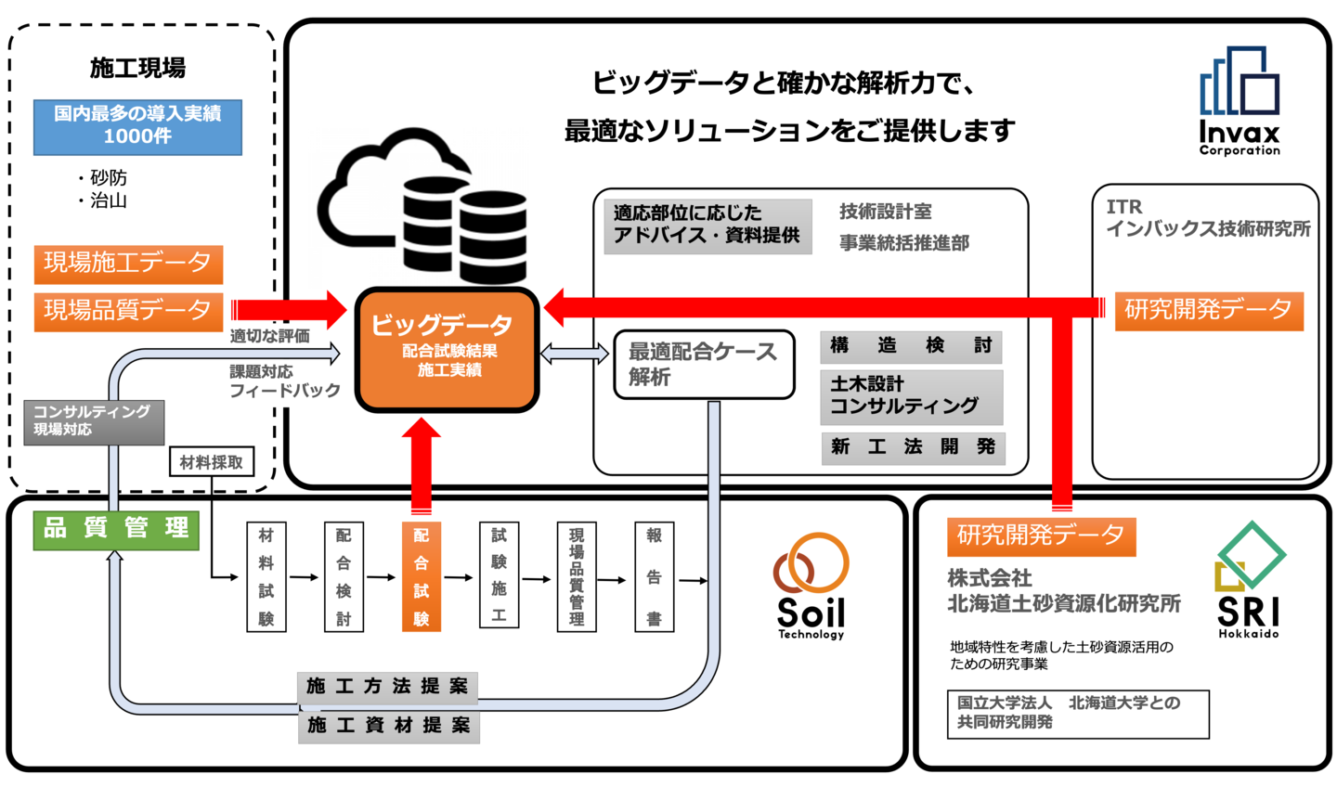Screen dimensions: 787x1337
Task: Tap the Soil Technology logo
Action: click(x=811, y=586)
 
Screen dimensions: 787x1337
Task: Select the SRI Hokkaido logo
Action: click(x=1249, y=580)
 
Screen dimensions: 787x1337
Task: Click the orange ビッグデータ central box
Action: click(x=448, y=349)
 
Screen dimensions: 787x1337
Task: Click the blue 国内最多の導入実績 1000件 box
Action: click(x=137, y=126)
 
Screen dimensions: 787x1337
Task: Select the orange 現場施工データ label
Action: click(x=128, y=264)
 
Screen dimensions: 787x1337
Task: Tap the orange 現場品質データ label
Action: click(x=128, y=311)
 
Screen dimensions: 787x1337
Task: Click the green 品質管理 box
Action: click(x=116, y=530)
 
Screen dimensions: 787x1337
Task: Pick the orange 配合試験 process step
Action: click(x=421, y=576)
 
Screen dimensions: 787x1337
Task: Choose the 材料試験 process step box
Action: click(x=266, y=576)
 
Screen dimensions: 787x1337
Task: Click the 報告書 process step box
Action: click(x=654, y=576)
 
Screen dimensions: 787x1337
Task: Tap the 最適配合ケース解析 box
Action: click(x=704, y=364)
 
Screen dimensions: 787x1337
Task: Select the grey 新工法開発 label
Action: click(x=912, y=447)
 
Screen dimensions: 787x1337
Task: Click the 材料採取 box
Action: click(x=212, y=462)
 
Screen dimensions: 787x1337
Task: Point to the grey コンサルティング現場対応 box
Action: click(x=93, y=421)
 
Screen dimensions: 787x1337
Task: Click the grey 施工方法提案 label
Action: click(x=387, y=687)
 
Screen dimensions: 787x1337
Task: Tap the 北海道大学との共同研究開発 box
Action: click(x=1078, y=714)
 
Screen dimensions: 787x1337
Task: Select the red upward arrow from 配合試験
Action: click(x=421, y=464)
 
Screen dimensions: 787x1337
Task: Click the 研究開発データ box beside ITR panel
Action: click(x=1208, y=310)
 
